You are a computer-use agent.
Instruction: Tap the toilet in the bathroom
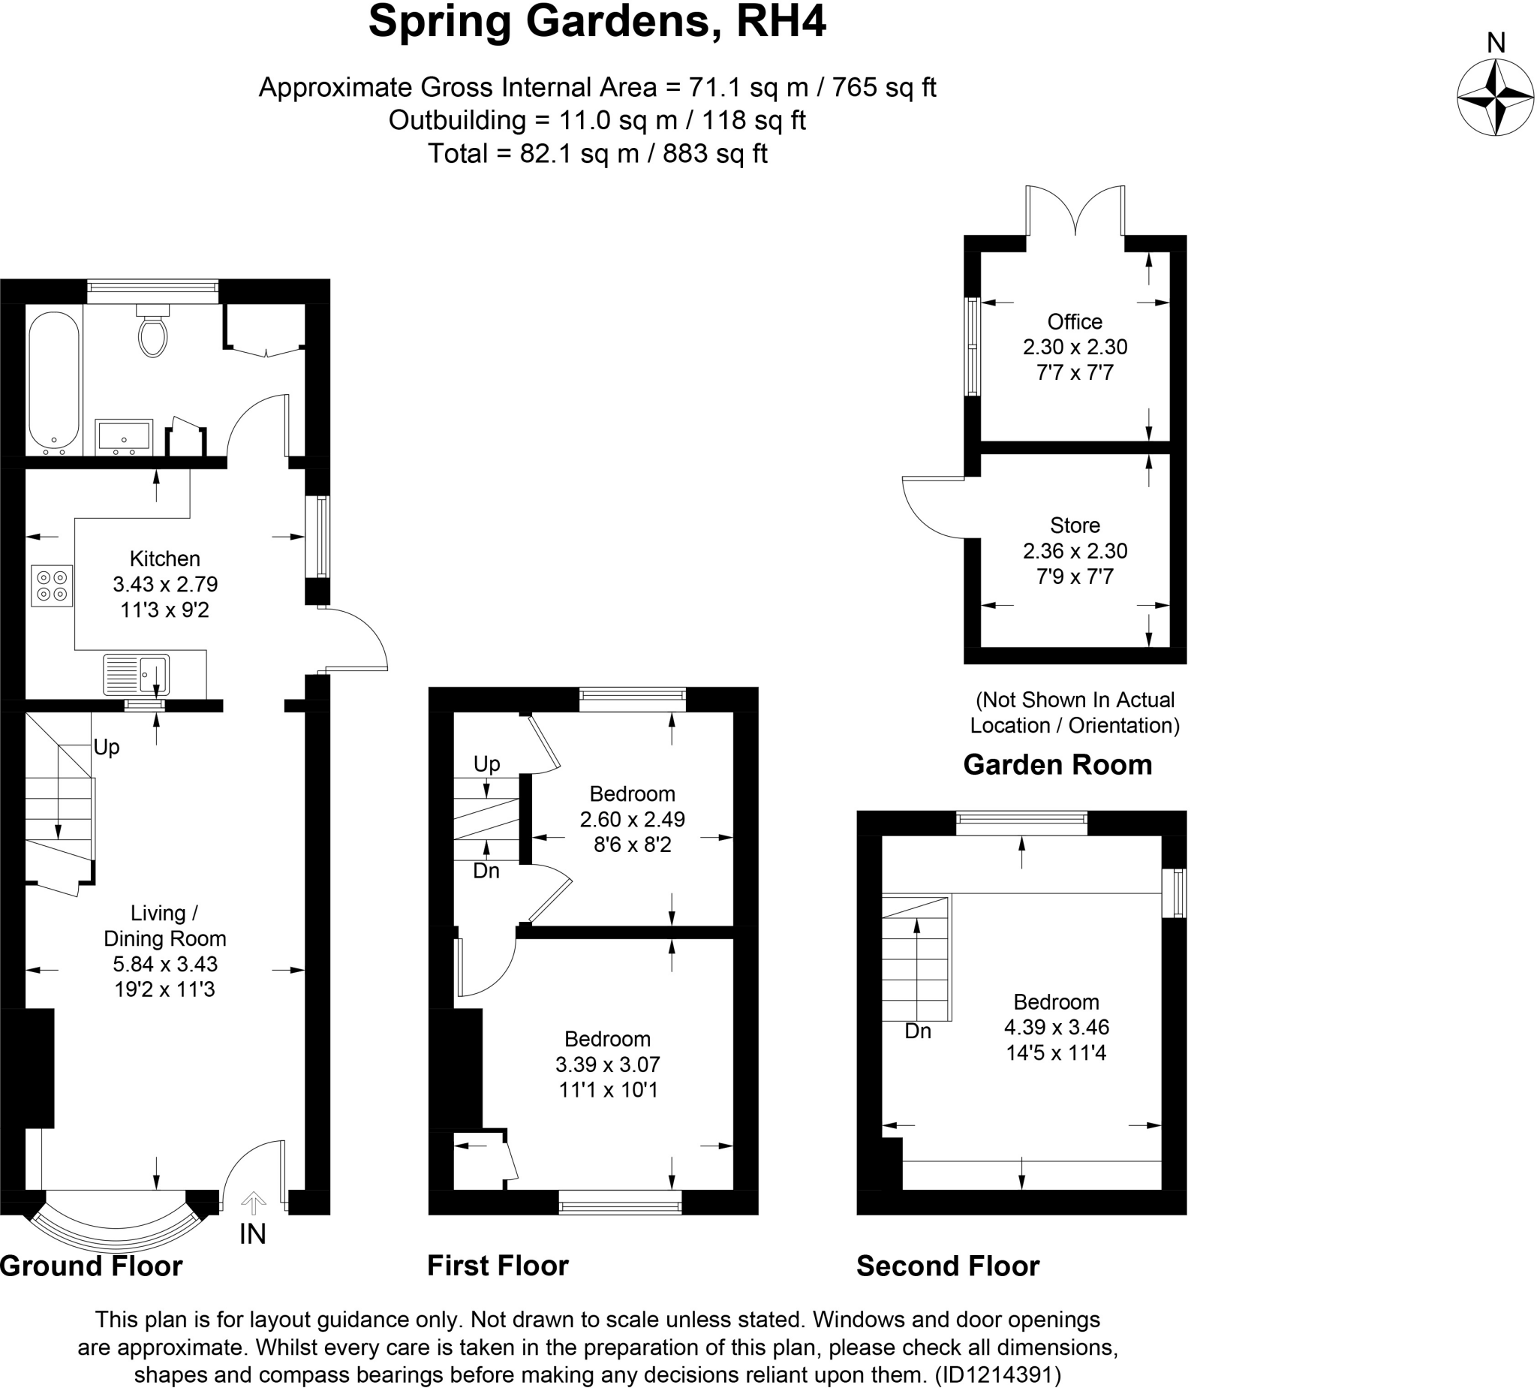click(x=153, y=332)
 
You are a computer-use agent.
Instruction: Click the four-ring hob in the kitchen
click(x=52, y=586)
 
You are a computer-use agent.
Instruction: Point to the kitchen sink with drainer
click(x=137, y=674)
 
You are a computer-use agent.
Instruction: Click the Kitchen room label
click(x=164, y=559)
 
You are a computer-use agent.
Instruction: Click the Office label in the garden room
click(x=1074, y=322)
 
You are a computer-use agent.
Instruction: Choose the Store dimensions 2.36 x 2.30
click(x=1074, y=551)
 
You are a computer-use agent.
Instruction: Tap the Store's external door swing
click(x=931, y=507)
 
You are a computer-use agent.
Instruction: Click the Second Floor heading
click(x=948, y=1266)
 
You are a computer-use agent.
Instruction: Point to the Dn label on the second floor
click(x=918, y=1031)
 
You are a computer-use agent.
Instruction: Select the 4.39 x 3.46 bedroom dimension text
click(x=1056, y=1027)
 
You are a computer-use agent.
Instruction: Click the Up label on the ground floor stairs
click(x=107, y=747)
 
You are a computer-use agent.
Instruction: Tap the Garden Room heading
click(x=1057, y=764)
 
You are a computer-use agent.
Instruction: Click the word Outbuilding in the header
click(x=457, y=121)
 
